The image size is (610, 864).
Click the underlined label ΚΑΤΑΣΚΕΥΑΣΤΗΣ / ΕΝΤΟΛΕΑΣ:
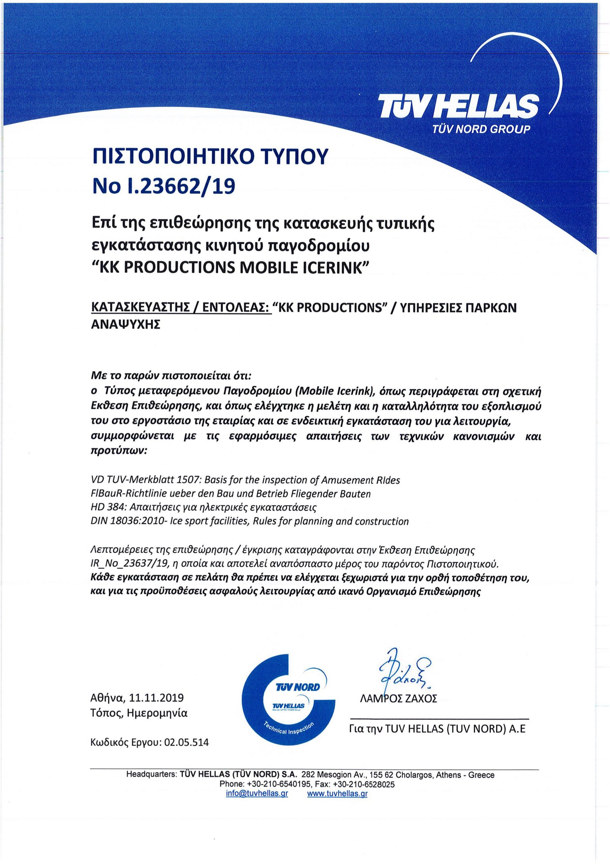[x=181, y=308]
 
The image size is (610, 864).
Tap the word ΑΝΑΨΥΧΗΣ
[x=126, y=324]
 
